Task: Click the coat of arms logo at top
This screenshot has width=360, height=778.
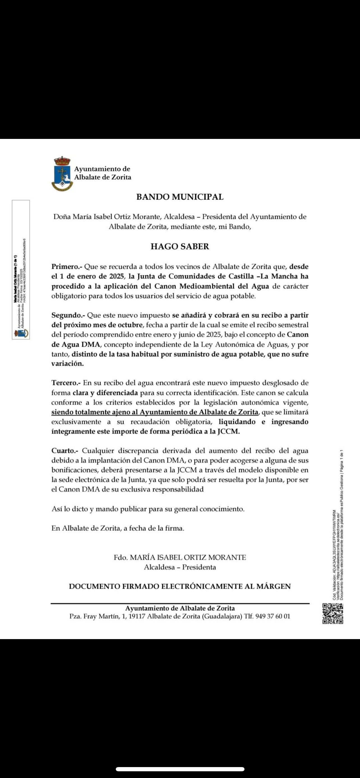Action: [x=62, y=174]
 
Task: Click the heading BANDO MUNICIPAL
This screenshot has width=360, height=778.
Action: [x=180, y=197]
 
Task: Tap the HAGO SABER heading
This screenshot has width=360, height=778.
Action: [x=180, y=246]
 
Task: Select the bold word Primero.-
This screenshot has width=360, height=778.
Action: [x=67, y=267]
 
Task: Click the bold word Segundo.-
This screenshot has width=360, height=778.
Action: [x=68, y=315]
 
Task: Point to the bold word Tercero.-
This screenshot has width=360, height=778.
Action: [x=66, y=383]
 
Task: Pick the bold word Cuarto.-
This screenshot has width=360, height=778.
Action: [x=65, y=451]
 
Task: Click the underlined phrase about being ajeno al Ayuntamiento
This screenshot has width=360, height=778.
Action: [x=155, y=412]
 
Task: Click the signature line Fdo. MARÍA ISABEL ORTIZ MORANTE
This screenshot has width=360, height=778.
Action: [x=180, y=557]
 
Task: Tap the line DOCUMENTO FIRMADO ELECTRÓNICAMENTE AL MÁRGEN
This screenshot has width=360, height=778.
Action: [x=180, y=586]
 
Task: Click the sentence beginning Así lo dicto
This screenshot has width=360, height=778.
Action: [x=148, y=509]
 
